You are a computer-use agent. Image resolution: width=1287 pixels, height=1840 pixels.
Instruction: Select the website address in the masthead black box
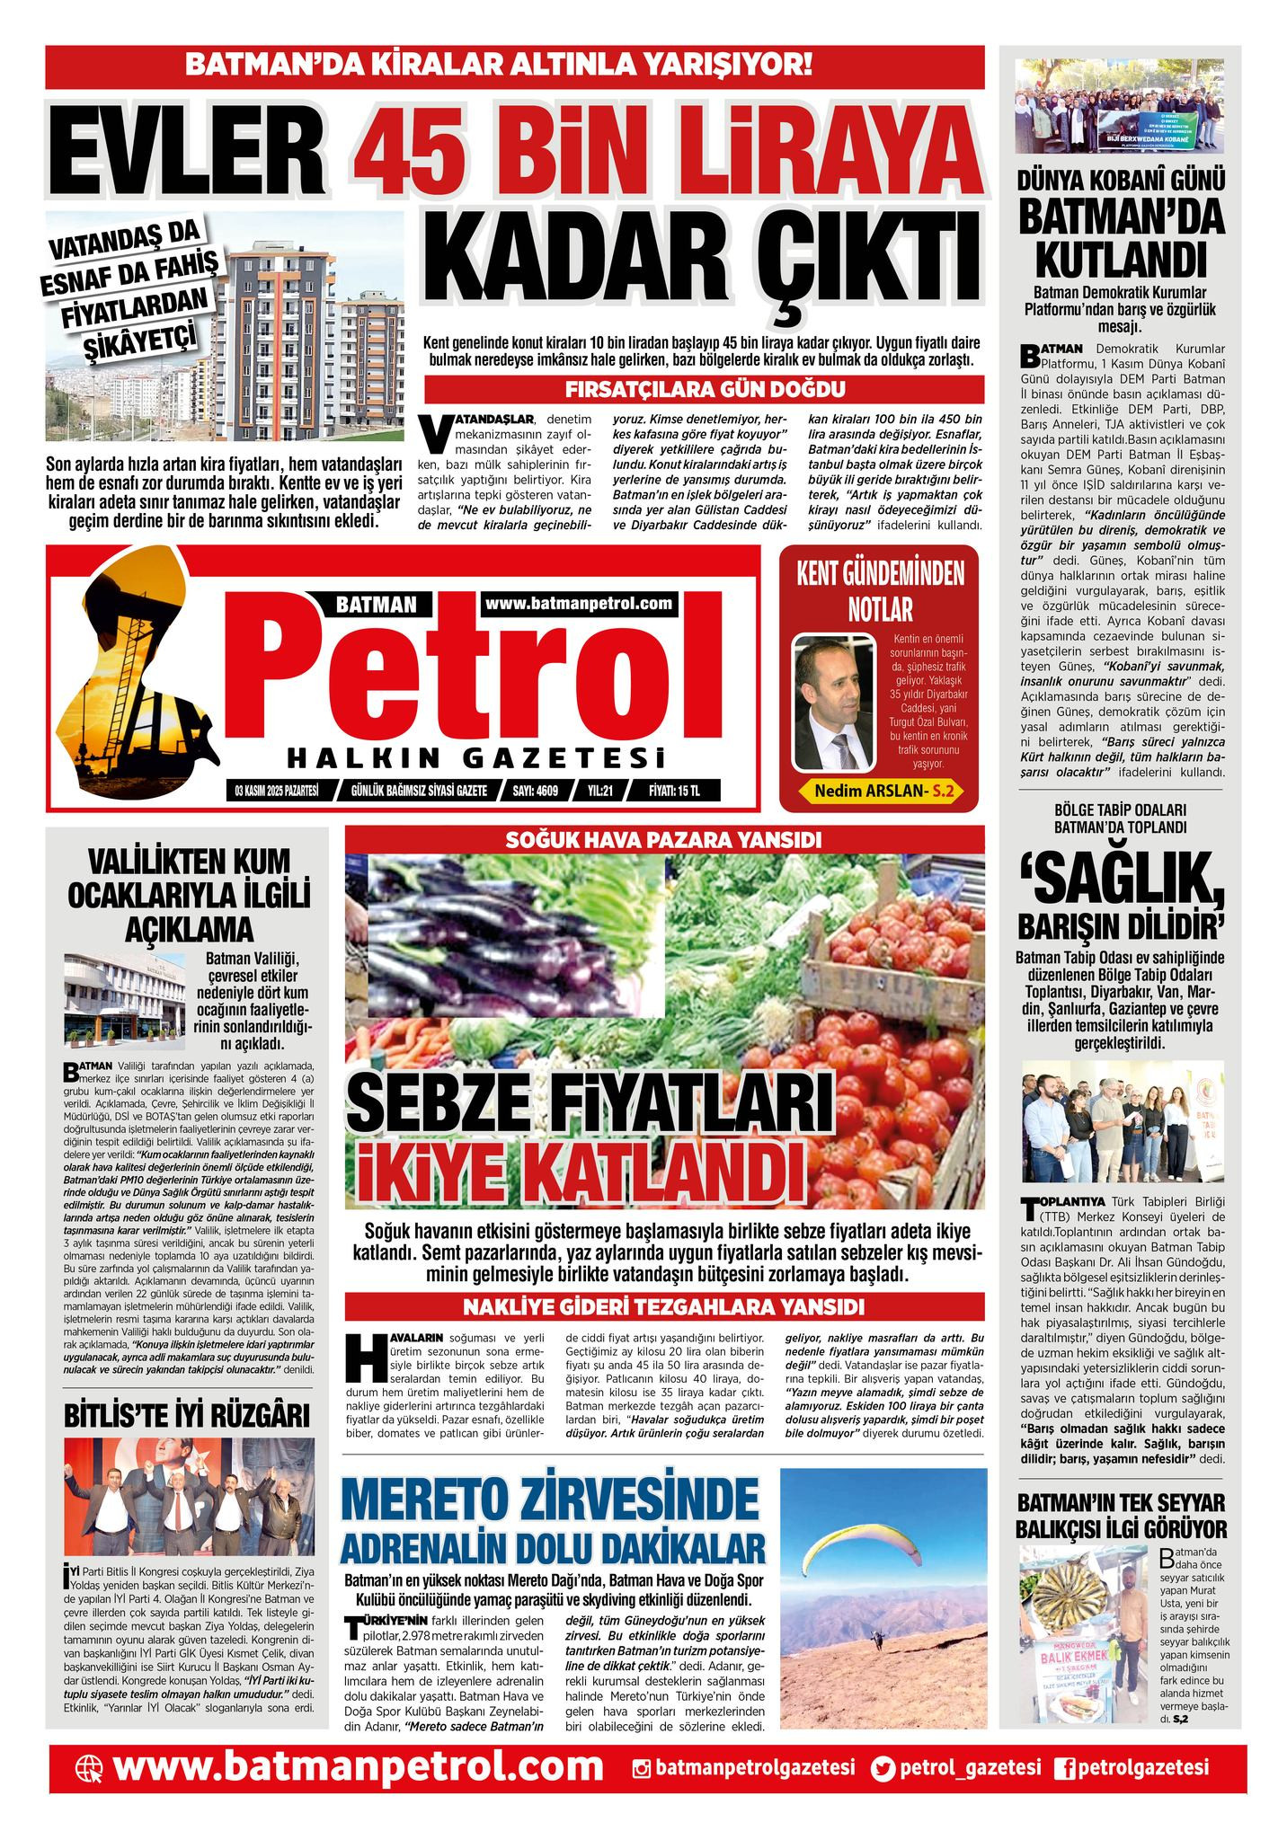coord(579,603)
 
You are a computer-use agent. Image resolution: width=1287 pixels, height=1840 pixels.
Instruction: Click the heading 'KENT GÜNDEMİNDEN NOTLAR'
coord(880,593)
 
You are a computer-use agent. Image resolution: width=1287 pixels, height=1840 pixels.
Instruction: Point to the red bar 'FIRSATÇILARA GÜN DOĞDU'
coord(702,390)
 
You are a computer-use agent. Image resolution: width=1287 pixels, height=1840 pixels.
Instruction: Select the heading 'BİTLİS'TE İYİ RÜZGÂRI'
coord(187,1416)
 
